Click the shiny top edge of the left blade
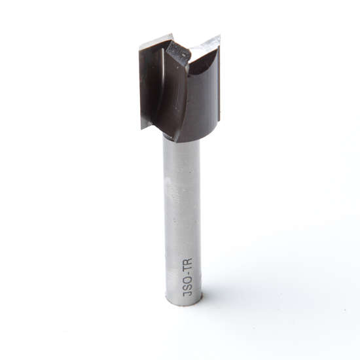156,41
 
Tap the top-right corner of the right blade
219,37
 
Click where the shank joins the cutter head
182,139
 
